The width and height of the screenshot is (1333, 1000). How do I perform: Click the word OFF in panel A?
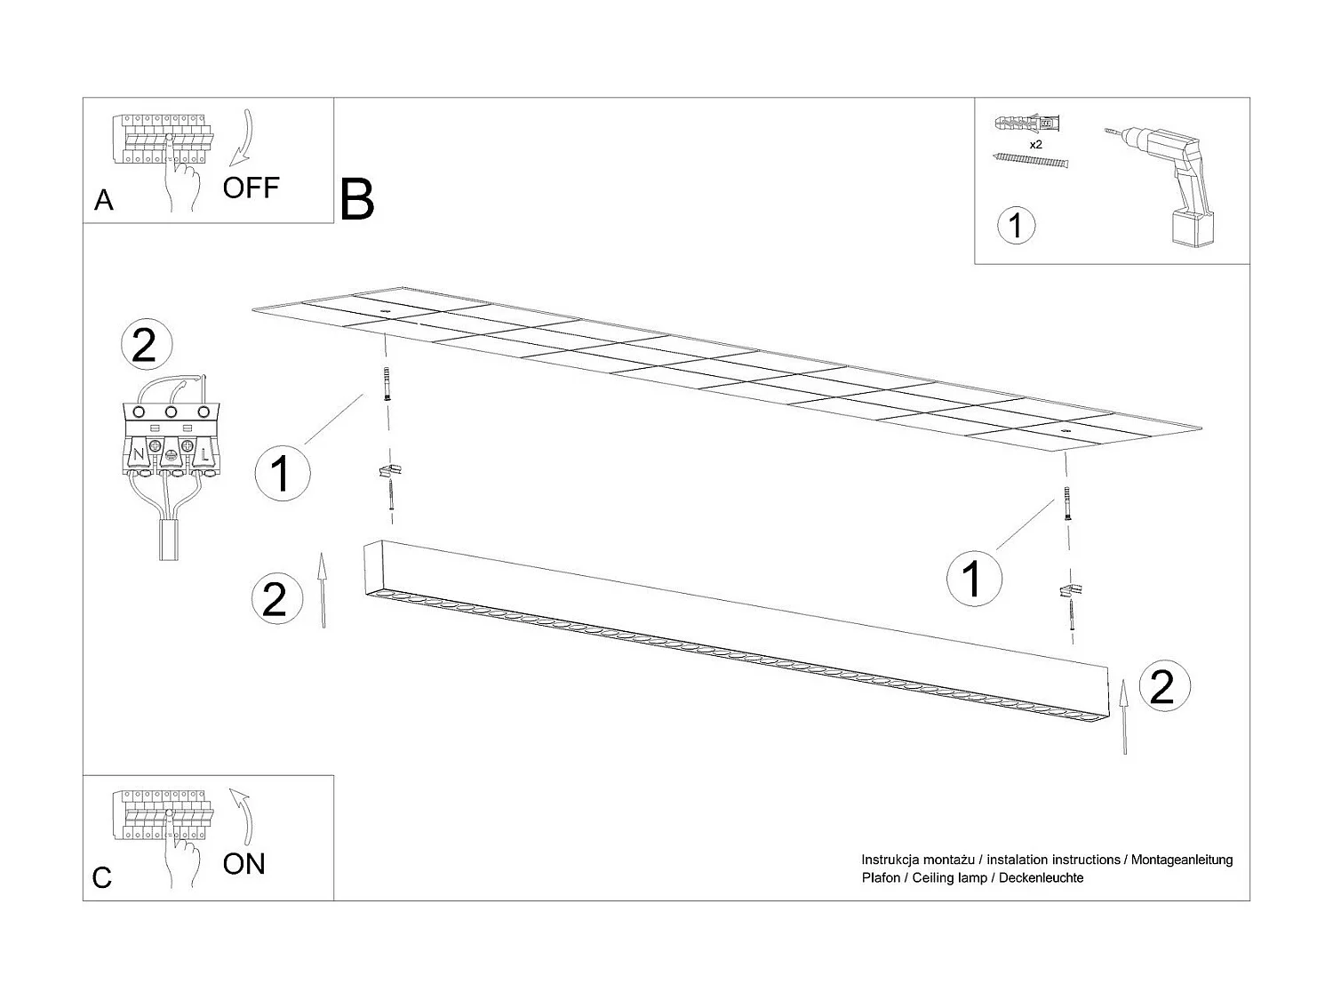click(x=251, y=188)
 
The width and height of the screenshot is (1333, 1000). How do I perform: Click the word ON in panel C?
click(x=243, y=863)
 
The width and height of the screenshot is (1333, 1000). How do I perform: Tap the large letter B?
click(x=356, y=200)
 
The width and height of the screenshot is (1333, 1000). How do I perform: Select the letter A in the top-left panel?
click(x=104, y=201)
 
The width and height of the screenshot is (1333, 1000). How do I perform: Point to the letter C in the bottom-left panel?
click(x=102, y=878)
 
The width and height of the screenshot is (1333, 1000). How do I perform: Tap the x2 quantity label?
click(x=1035, y=144)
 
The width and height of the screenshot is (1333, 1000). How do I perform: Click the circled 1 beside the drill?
click(x=1017, y=225)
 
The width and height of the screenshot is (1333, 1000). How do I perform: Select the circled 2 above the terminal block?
click(x=144, y=346)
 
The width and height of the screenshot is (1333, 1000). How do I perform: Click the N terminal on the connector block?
click(x=138, y=455)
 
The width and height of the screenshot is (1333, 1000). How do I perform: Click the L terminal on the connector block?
click(x=204, y=454)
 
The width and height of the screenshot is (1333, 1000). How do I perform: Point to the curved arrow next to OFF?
click(x=242, y=138)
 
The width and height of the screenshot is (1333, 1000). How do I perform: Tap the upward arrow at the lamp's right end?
click(x=1125, y=716)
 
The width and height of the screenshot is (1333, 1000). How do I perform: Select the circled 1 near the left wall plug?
click(x=282, y=473)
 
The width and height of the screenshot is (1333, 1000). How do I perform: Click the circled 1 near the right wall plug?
click(x=974, y=577)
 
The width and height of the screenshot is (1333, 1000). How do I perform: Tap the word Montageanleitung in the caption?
click(x=1181, y=860)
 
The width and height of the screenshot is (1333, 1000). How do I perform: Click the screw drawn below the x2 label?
click(x=1030, y=161)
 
